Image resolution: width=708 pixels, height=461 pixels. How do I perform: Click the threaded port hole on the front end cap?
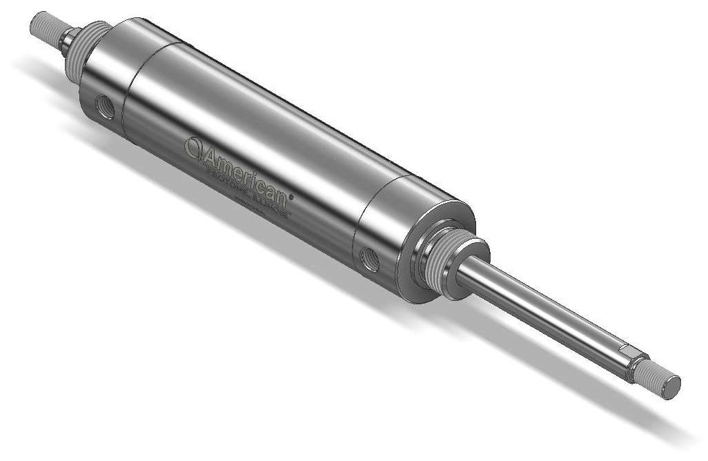(x=370, y=259)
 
